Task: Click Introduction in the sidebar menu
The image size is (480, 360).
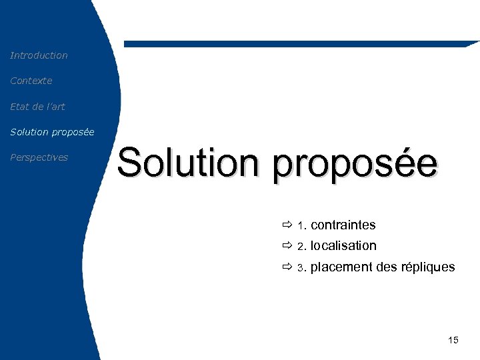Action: click(x=39, y=55)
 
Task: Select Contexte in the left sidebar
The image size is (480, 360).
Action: click(x=31, y=81)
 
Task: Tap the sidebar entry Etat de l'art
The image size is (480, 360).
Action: click(x=37, y=106)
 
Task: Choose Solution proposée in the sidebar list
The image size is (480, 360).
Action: click(x=52, y=132)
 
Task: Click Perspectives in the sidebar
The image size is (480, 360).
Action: click(x=39, y=157)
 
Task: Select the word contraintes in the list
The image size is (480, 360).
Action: click(x=343, y=225)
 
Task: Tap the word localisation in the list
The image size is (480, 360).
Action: click(x=343, y=246)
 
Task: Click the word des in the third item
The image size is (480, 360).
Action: click(x=387, y=267)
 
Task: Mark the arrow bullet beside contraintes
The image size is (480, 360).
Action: click(x=287, y=225)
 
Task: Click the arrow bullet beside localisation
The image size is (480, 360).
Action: click(x=287, y=246)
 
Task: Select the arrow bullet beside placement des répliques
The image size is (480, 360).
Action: click(x=287, y=267)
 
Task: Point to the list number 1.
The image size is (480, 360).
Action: click(x=301, y=226)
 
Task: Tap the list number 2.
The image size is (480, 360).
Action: click(x=301, y=247)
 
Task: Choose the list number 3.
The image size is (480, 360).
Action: click(x=301, y=268)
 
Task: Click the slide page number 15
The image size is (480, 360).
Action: click(x=453, y=341)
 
